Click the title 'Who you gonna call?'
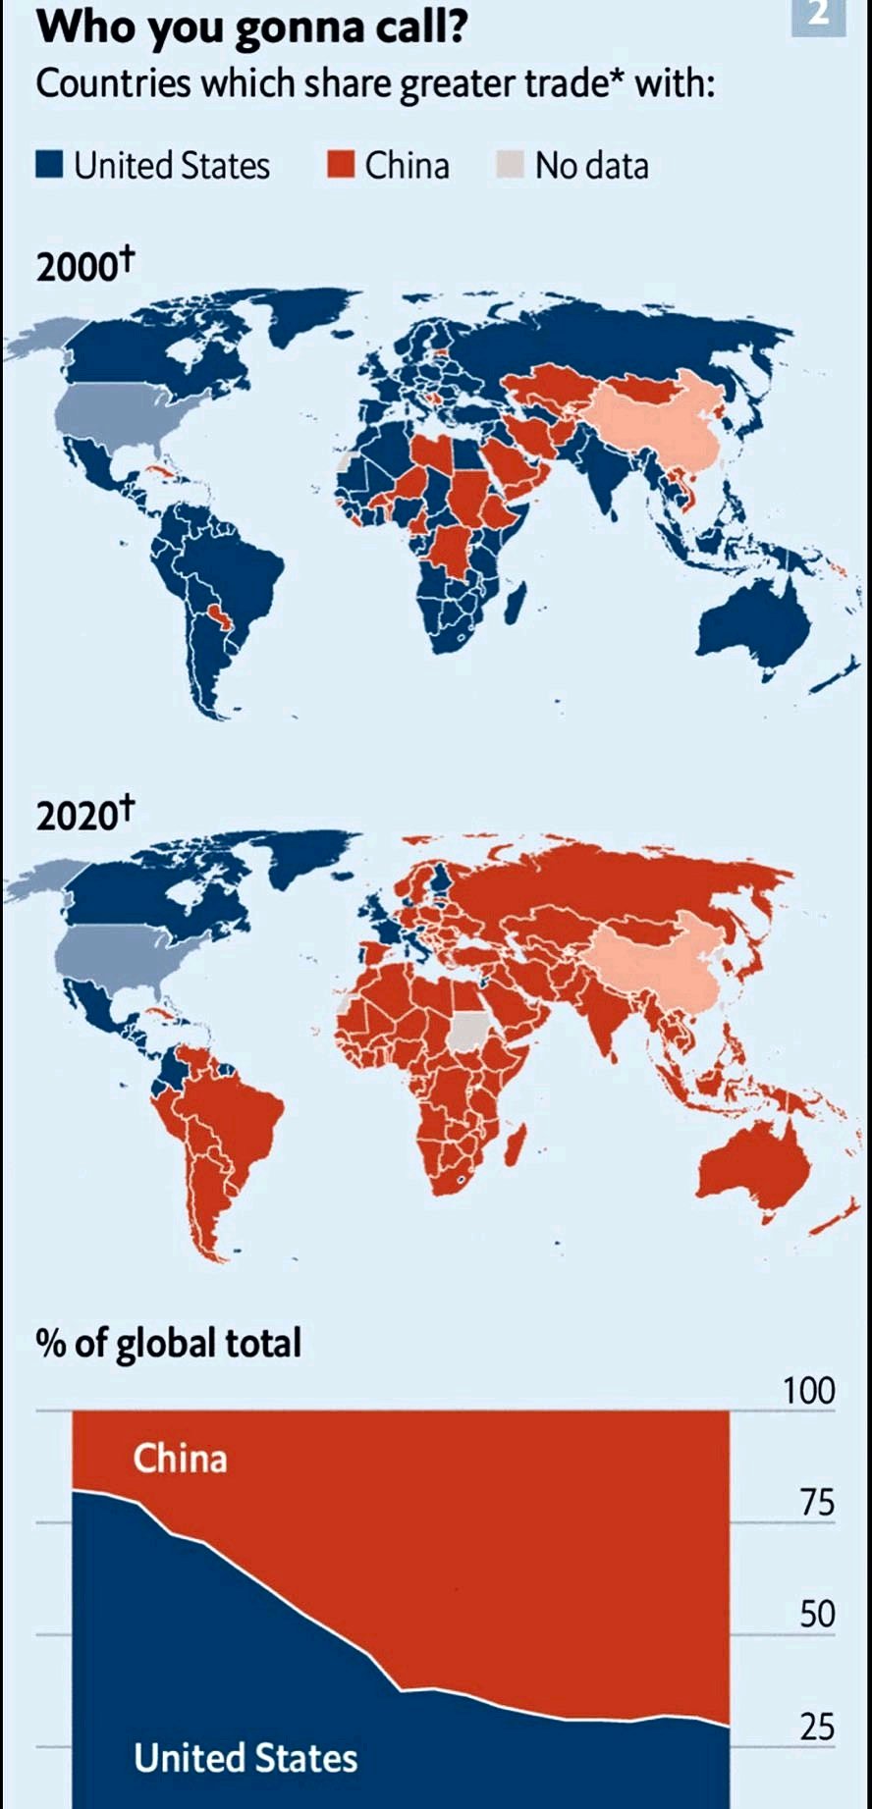click(251, 27)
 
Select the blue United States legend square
click(49, 164)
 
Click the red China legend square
click(340, 164)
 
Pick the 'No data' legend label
click(591, 166)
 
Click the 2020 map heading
click(84, 814)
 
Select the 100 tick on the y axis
click(808, 1391)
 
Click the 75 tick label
click(816, 1503)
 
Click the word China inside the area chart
click(180, 1459)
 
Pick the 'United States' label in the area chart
click(245, 1758)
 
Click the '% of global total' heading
click(169, 1343)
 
